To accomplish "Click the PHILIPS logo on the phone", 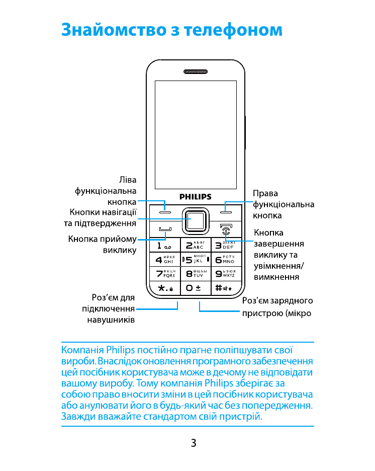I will coord(196,196).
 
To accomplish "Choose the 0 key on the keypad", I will coord(195,288).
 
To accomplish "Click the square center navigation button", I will coord(195,220).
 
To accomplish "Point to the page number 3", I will coord(194,443).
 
